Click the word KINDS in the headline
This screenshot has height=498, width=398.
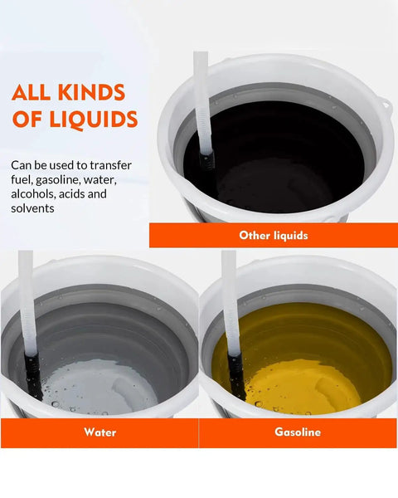(92, 92)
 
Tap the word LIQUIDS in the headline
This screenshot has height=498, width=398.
(94, 120)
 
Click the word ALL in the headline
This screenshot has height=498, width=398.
(31, 92)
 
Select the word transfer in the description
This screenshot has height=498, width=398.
(110, 165)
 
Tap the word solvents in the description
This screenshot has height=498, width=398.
(32, 208)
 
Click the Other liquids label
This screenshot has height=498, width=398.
(274, 236)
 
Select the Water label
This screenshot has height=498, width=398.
(100, 432)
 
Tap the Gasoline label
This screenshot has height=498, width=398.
(298, 432)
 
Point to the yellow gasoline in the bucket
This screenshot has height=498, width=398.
(302, 359)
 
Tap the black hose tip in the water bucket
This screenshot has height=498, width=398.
(34, 375)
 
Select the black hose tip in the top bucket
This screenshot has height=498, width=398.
(207, 161)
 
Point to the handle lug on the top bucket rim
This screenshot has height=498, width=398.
(386, 105)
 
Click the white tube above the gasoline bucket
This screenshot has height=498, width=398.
(231, 303)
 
